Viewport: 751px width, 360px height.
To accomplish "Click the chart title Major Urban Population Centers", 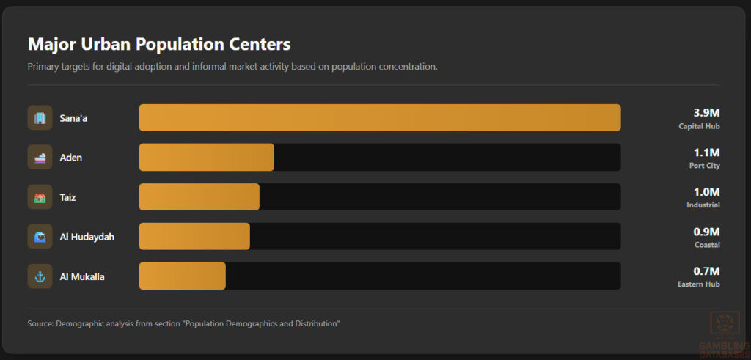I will click(159, 44).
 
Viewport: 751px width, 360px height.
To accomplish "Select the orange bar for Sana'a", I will click(379, 117).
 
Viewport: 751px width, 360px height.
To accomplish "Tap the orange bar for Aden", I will click(206, 157).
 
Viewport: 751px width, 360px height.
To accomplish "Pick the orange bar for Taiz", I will click(199, 196).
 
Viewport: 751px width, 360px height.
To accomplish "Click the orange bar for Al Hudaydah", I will click(194, 236).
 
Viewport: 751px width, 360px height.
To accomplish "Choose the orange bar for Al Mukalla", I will click(182, 276).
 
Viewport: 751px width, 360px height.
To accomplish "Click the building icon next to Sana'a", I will click(40, 117).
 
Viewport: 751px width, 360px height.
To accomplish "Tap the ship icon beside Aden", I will click(40, 157).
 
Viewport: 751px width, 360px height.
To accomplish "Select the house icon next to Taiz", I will click(40, 196).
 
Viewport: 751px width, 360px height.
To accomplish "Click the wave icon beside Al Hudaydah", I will click(40, 236).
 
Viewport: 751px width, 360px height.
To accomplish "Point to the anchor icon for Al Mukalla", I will click(40, 276).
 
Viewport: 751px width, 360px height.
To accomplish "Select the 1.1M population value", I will click(706, 152).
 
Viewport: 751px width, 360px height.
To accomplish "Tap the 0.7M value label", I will click(706, 271).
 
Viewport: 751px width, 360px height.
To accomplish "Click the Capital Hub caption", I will click(699, 126).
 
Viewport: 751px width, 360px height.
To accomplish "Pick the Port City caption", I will click(704, 166).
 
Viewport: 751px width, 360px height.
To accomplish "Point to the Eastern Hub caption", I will click(698, 284).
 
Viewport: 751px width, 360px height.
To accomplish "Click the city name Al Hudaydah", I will click(87, 237).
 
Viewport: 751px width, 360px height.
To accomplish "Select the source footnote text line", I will click(183, 323).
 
